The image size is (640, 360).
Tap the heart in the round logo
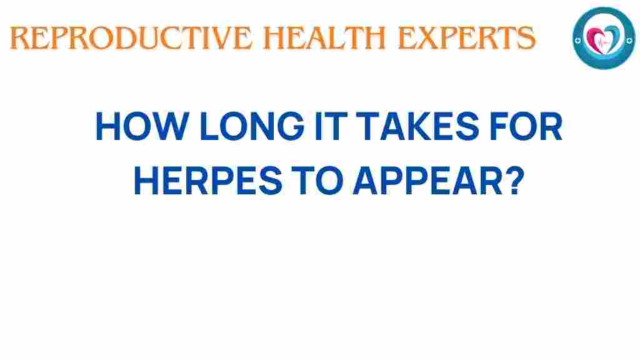point(604,39)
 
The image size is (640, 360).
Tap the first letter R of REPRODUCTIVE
point(19,39)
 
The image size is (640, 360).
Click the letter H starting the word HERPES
point(147,181)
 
